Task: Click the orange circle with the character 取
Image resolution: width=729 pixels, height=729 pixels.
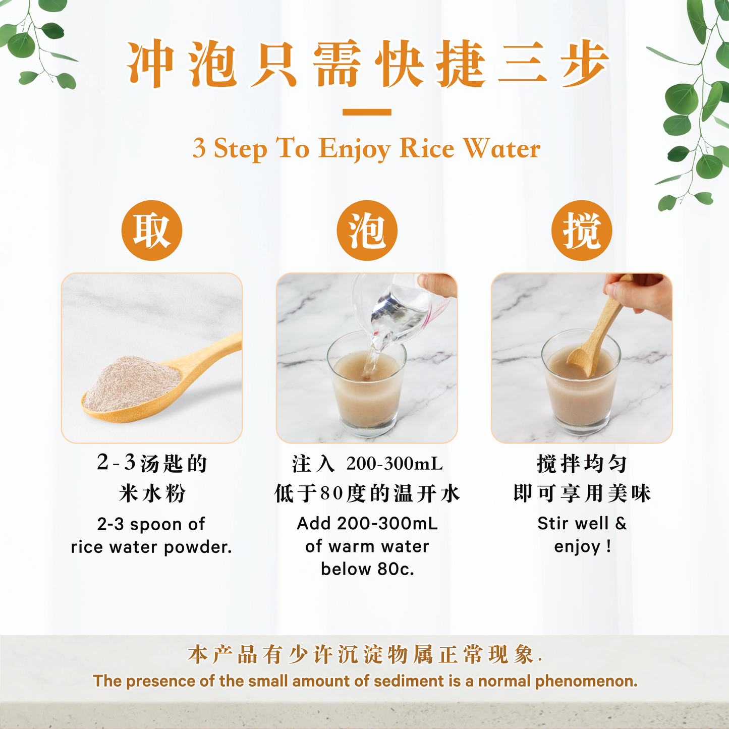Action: [x=151, y=231]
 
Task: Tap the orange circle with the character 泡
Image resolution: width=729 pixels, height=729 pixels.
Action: [x=367, y=231]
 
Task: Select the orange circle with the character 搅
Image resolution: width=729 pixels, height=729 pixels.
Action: [x=582, y=231]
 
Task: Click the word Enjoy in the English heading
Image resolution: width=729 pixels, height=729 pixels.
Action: [x=355, y=149]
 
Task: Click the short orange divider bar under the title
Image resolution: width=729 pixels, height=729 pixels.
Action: [x=367, y=112]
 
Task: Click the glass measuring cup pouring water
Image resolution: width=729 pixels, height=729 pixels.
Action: [x=399, y=303]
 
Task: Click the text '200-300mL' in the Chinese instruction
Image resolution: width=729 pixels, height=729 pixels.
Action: [x=395, y=464]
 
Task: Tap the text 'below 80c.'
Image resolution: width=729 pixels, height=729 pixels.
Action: [x=367, y=569]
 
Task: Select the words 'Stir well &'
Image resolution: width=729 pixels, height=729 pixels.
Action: [x=582, y=523]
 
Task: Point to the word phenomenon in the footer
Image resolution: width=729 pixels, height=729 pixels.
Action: [x=586, y=681]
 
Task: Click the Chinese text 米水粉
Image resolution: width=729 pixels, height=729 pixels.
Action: [x=152, y=493]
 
